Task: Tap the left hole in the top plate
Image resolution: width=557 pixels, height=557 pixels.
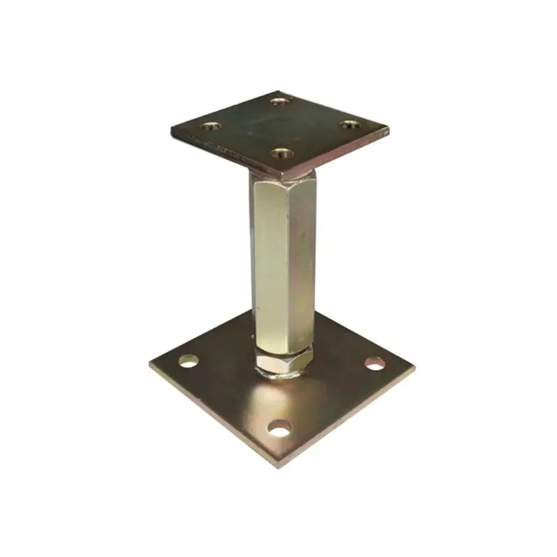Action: point(210,126)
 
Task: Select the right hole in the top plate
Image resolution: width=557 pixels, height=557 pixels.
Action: point(349,124)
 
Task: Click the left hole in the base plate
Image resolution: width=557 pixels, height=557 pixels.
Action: point(188,361)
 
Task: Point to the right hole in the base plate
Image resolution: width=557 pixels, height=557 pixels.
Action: point(375,364)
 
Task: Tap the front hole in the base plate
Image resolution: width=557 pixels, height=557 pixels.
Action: point(280,428)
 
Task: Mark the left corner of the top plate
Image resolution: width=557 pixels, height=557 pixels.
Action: point(171,132)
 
